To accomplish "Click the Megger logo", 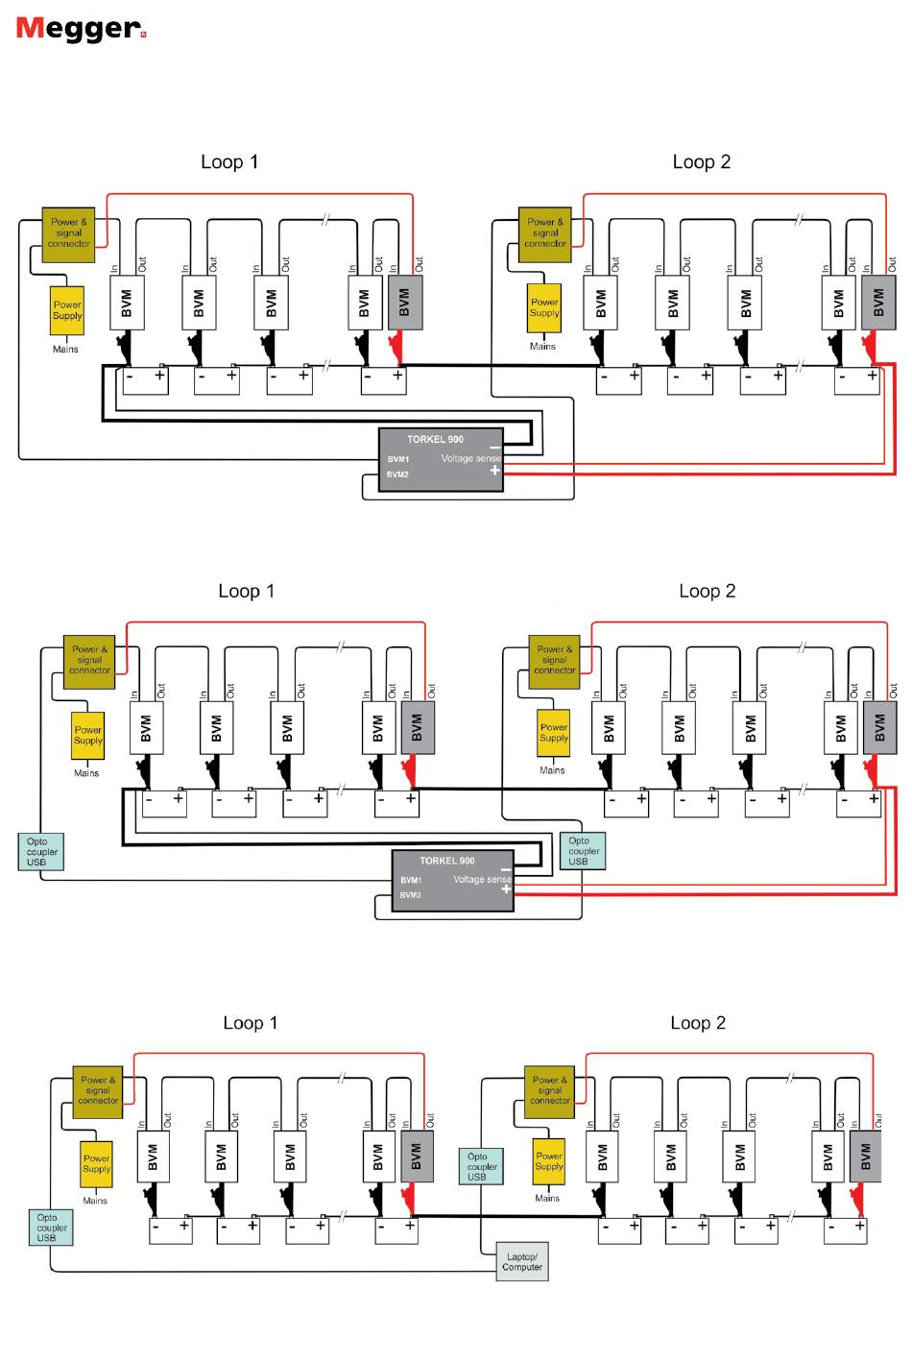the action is (x=81, y=29).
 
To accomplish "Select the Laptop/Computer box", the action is (x=522, y=1261).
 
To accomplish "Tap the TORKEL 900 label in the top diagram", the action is (x=435, y=439).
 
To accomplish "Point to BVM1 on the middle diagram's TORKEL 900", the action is (x=411, y=880).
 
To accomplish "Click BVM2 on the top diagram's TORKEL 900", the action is (x=397, y=475).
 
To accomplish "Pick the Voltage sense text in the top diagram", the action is (x=471, y=458).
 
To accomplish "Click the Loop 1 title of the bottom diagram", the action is (x=251, y=1023).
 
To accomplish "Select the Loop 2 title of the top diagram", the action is (x=702, y=162).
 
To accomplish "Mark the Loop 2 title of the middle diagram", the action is (x=708, y=591).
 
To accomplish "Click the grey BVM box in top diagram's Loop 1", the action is (x=405, y=303).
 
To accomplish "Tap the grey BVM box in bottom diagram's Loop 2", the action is (x=865, y=1156).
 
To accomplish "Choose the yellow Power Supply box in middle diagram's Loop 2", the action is (x=553, y=733).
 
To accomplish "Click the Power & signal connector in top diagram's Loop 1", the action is (x=68, y=235).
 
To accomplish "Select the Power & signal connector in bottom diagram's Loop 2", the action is (x=550, y=1092).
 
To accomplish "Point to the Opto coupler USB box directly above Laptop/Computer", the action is (x=481, y=1166).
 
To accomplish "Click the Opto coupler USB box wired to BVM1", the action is (x=40, y=852).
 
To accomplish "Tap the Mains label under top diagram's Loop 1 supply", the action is (x=65, y=350).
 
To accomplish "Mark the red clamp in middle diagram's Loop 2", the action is (x=872, y=771).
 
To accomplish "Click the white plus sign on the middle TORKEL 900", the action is (x=506, y=889).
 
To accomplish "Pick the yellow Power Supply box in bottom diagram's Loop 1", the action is (x=96, y=1163).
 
